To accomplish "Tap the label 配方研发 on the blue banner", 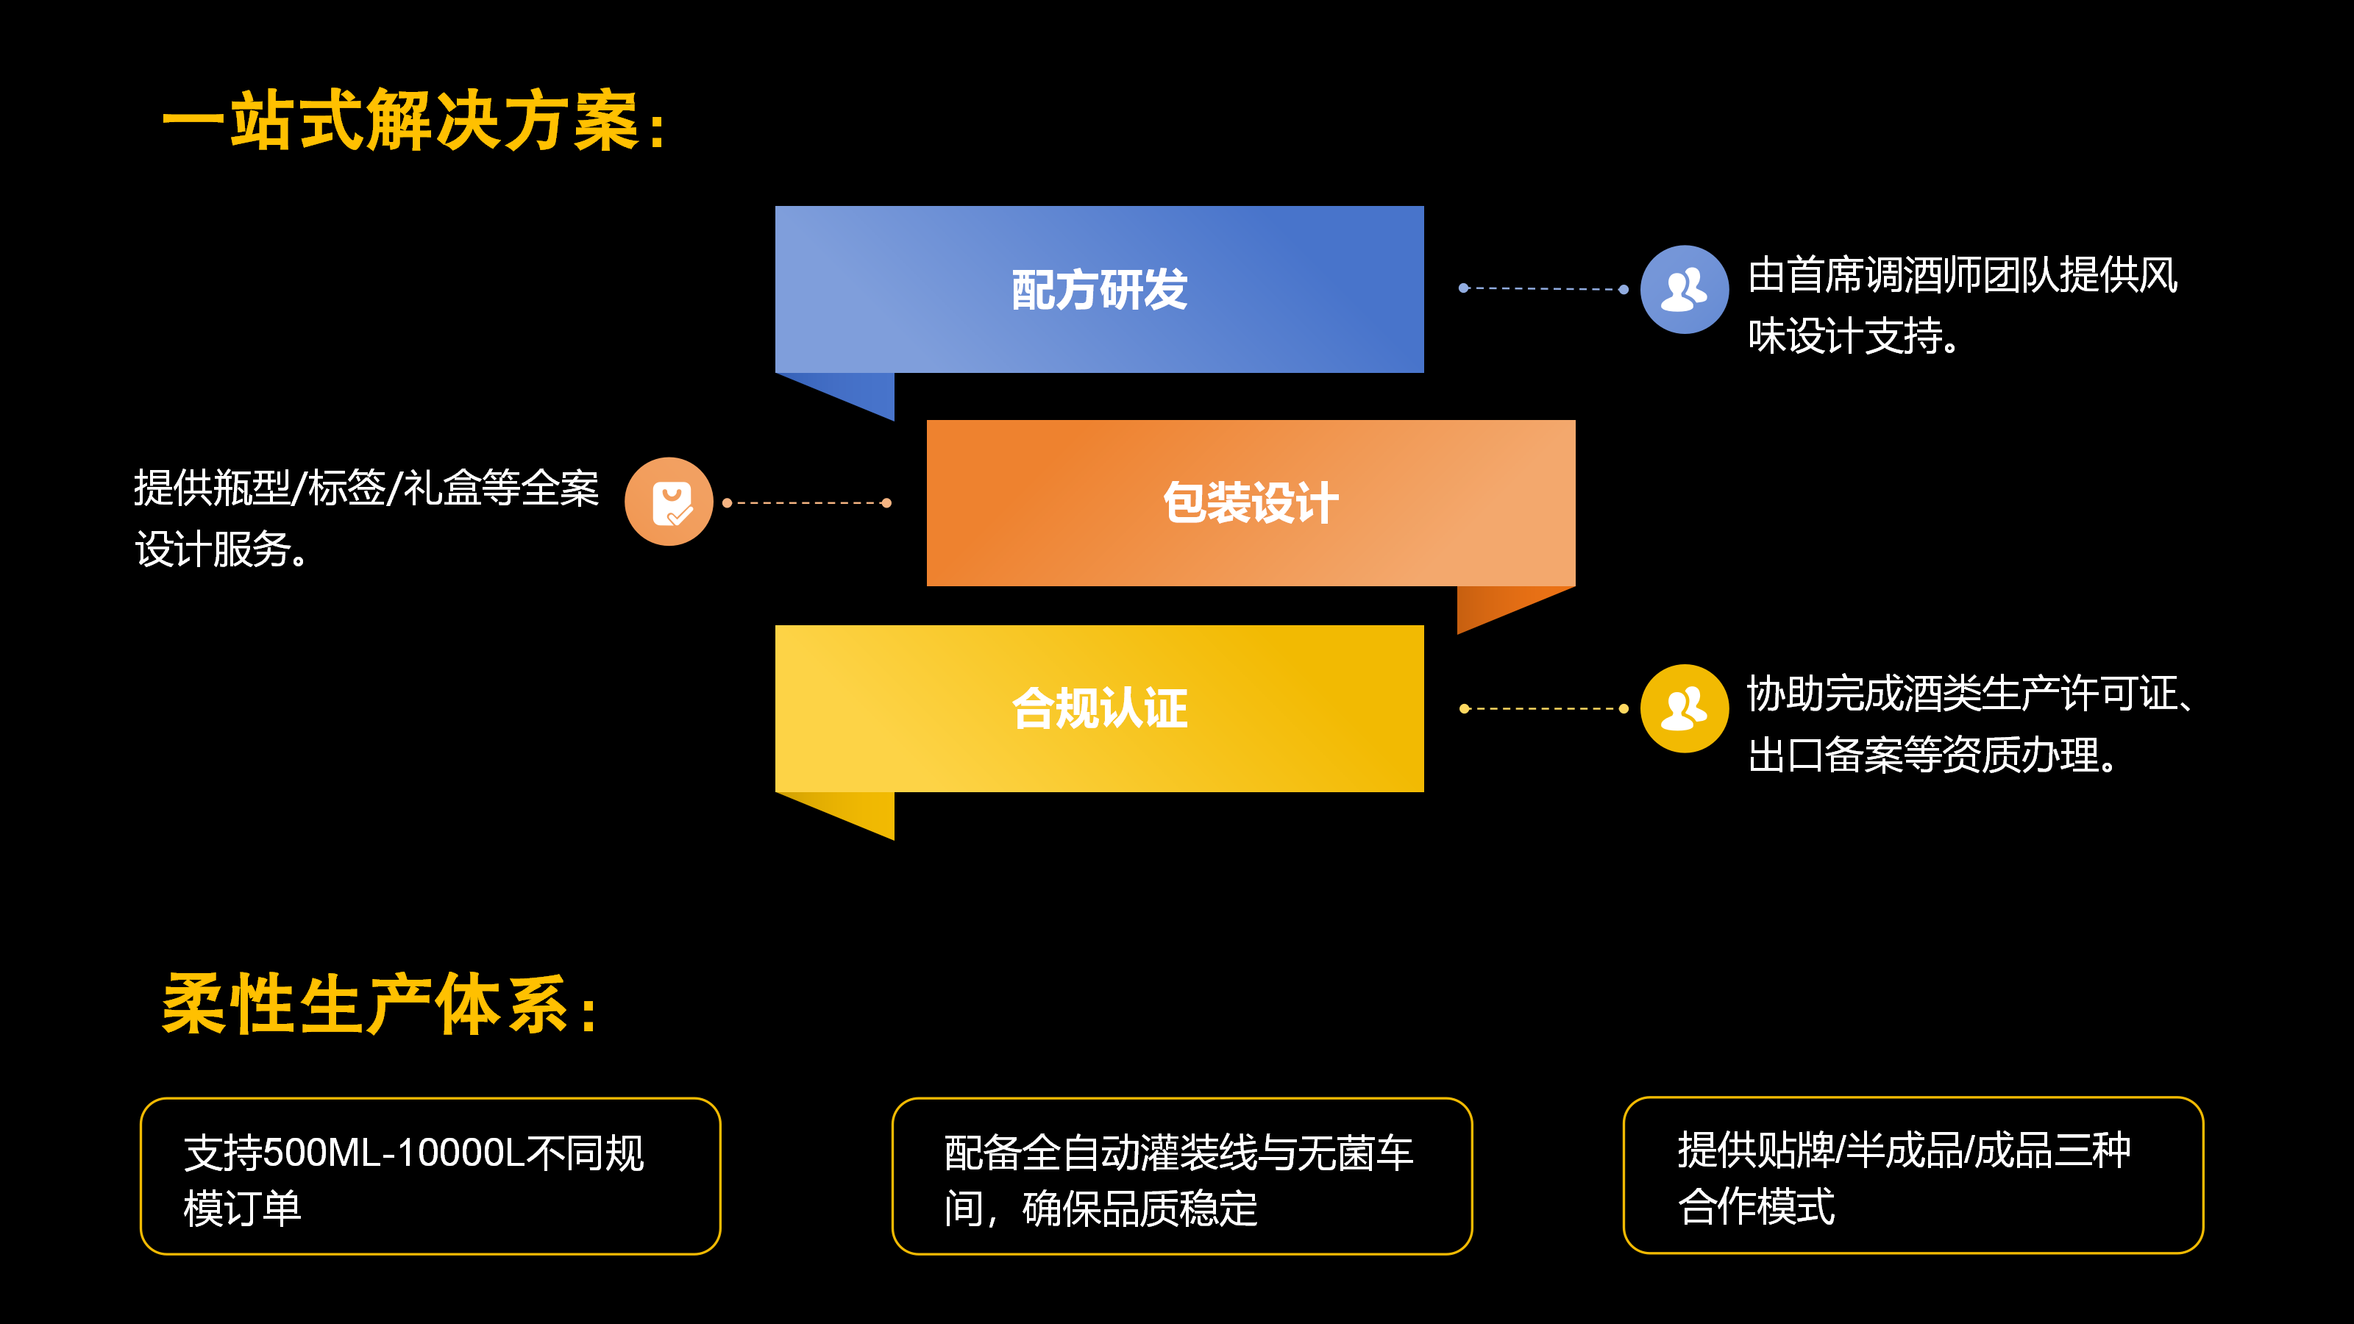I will [1099, 290].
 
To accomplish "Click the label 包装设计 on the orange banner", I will [1250, 502].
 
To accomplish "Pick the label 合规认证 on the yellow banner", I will [1099, 708].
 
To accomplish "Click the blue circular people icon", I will [1683, 290].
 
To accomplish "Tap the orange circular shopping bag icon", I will [669, 502].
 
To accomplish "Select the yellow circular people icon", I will [1683, 708].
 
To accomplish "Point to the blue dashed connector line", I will [1543, 289].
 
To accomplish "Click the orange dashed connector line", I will [807, 502].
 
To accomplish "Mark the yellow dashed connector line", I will [1543, 708].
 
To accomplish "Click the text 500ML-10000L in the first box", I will [393, 1153].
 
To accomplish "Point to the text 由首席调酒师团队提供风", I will [1962, 275].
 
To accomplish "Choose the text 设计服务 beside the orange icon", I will [213, 550].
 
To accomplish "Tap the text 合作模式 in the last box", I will [1755, 1206].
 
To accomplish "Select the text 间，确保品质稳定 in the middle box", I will [1100, 1209].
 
